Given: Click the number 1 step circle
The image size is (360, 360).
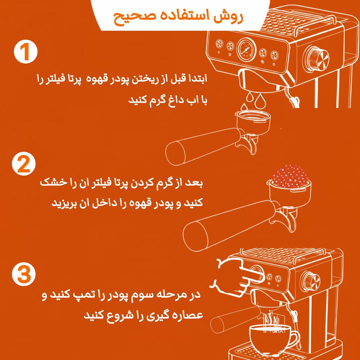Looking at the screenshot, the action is tap(26, 51).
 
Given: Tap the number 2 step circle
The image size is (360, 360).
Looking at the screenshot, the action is tap(24, 164).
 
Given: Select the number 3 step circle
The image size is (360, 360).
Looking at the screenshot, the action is tap(24, 274).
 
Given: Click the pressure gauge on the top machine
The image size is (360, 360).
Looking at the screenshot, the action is tap(246, 50).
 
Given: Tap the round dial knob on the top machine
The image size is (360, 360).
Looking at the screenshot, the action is tap(317, 59).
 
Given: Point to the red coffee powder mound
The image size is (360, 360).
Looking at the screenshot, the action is tap(290, 176).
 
